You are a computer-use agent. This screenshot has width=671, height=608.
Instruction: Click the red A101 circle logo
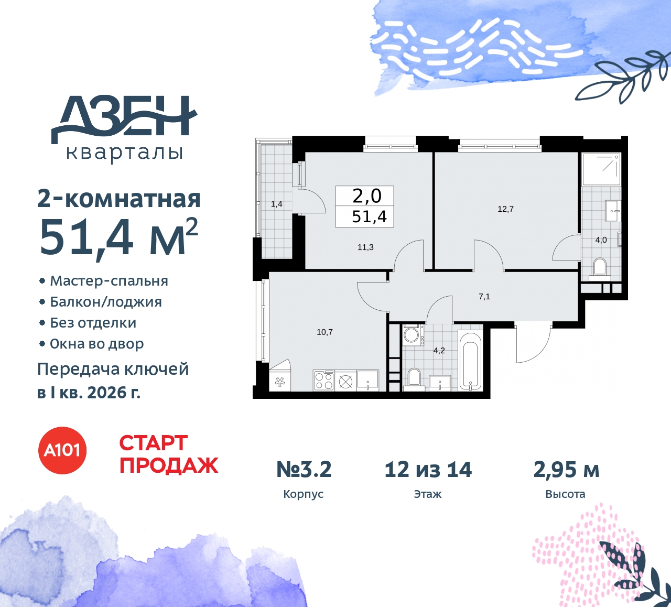pyautogui.click(x=62, y=450)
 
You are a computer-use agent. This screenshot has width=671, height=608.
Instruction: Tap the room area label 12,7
pyautogui.click(x=505, y=209)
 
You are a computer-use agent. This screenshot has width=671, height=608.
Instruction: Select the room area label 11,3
pyautogui.click(x=365, y=247)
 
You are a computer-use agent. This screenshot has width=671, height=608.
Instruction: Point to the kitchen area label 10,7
pyautogui.click(x=324, y=332)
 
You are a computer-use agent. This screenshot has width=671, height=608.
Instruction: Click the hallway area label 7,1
pyautogui.click(x=484, y=297)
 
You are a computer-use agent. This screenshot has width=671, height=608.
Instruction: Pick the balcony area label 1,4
pyautogui.click(x=276, y=204)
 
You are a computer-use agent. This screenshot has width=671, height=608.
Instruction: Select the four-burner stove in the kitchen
pyautogui.click(x=323, y=381)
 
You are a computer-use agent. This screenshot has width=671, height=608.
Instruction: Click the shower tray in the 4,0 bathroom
pyautogui.click(x=601, y=169)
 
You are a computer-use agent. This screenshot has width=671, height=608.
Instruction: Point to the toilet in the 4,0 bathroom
pyautogui.click(x=599, y=267)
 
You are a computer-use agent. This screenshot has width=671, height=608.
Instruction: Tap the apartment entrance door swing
pyautogui.click(x=533, y=344)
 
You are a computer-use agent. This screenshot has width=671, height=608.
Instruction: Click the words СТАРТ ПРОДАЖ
pyautogui.click(x=168, y=454)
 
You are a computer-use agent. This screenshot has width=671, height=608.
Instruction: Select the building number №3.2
pyautogui.click(x=304, y=470)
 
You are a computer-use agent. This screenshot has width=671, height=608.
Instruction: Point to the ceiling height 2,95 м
pyautogui.click(x=566, y=470)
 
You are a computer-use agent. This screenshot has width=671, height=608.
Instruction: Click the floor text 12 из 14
pyautogui.click(x=428, y=470)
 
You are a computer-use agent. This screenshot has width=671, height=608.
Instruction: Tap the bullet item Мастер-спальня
pyautogui.click(x=109, y=281)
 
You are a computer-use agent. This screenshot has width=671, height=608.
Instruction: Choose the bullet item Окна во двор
pyautogui.click(x=96, y=344)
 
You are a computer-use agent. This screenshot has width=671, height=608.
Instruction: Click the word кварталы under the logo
pyautogui.click(x=125, y=153)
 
